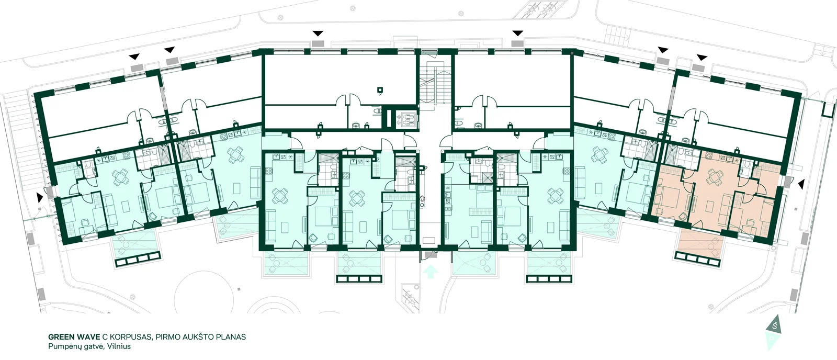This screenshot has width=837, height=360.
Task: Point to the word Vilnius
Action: click(119, 346)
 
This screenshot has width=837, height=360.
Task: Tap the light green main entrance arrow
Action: click(431, 272)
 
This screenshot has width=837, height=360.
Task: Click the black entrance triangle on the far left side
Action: click(40, 197)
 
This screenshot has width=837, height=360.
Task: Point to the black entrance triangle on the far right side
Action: click(800, 184)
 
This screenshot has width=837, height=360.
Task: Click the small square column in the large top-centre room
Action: click(380, 89)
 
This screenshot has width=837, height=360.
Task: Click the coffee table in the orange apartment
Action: click(709, 206)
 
